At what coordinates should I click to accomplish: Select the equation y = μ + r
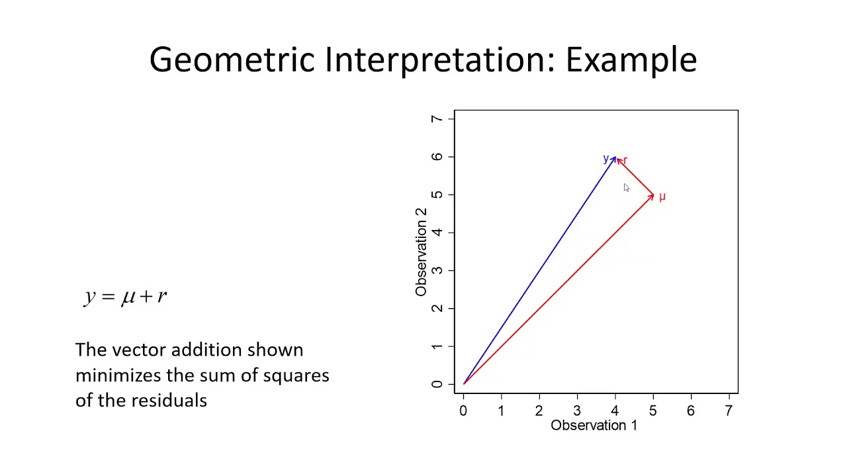tap(126, 296)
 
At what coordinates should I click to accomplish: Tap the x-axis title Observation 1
tap(594, 426)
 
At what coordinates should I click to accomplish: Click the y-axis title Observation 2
tap(421, 252)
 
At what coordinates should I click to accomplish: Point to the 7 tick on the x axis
tap(729, 411)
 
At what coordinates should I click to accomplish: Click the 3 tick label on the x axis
tap(577, 411)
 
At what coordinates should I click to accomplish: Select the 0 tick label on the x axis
tap(463, 411)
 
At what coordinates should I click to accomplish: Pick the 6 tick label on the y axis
tap(437, 157)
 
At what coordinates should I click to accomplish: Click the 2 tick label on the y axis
tap(437, 308)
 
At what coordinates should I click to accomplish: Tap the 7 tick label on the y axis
tap(437, 119)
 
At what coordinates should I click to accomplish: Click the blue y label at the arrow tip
tap(605, 159)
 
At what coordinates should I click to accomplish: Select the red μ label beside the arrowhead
tap(662, 197)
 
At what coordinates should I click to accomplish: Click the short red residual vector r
tap(635, 177)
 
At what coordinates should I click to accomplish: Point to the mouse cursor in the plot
tap(626, 188)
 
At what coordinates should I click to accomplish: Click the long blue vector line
tap(539, 270)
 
